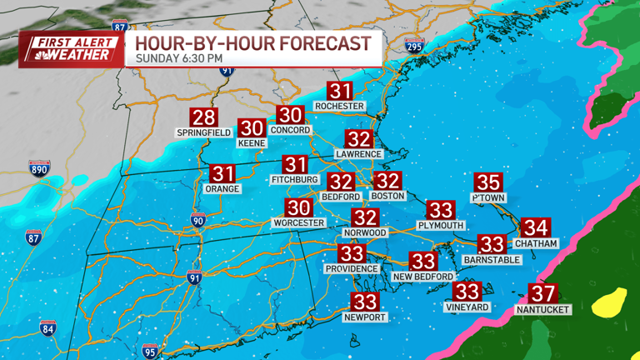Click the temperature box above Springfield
click(204, 117)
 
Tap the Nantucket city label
click(542, 309)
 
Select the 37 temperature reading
click(542, 293)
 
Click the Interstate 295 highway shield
click(413, 45)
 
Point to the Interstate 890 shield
click(38, 168)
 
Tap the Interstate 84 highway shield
click(47, 328)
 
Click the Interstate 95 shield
click(150, 351)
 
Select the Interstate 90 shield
click(197, 220)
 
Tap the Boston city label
click(387, 196)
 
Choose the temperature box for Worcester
click(298, 208)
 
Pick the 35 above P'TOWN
click(488, 182)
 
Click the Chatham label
click(536, 243)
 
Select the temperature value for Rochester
click(339, 91)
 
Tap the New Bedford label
click(423, 277)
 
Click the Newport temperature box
click(365, 302)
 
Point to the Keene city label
click(252, 143)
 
